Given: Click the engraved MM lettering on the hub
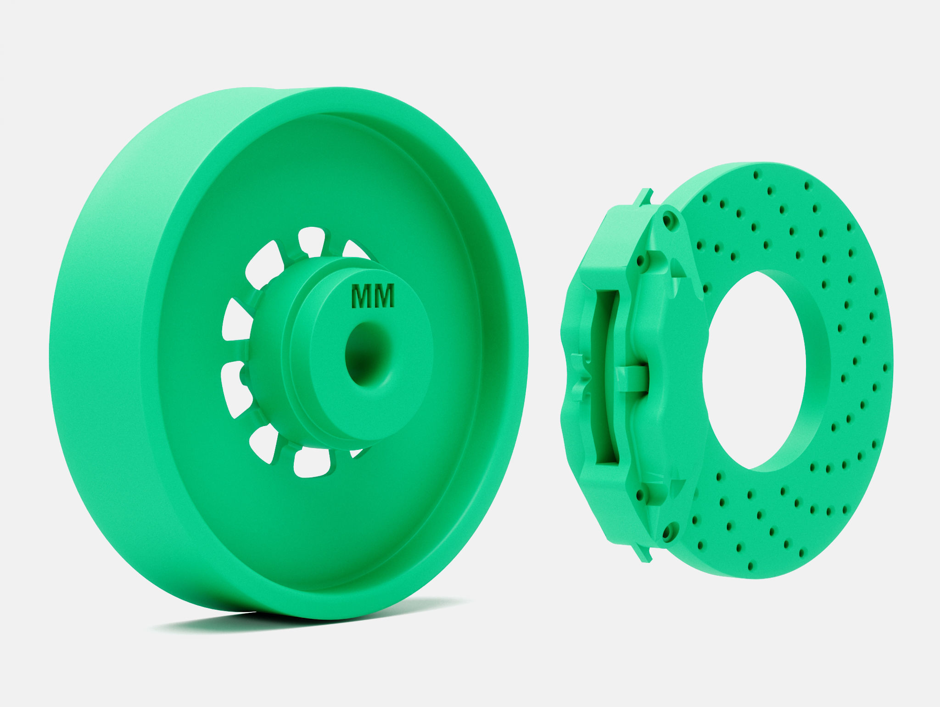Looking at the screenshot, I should point(372,296).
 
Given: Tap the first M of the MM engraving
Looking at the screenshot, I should point(361,296).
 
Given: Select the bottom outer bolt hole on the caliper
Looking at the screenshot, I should point(666,532).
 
